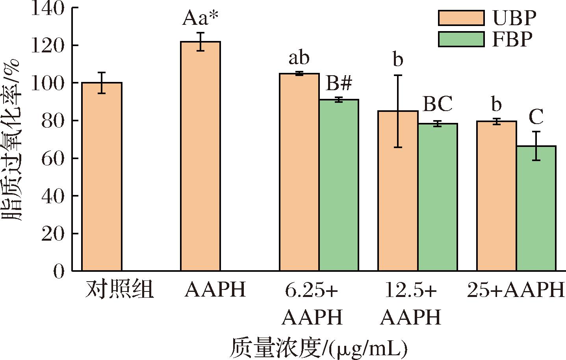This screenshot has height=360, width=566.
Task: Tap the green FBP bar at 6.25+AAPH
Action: point(339,185)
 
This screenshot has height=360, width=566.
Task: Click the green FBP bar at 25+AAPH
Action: point(536,208)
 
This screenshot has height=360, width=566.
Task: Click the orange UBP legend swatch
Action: point(461,18)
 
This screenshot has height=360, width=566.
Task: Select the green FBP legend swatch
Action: point(461,39)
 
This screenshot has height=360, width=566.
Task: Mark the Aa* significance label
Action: point(200,19)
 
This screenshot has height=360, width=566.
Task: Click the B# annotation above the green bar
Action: point(339,84)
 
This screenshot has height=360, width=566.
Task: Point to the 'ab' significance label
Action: point(299,58)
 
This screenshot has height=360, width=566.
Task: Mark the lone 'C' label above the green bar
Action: point(536,117)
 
